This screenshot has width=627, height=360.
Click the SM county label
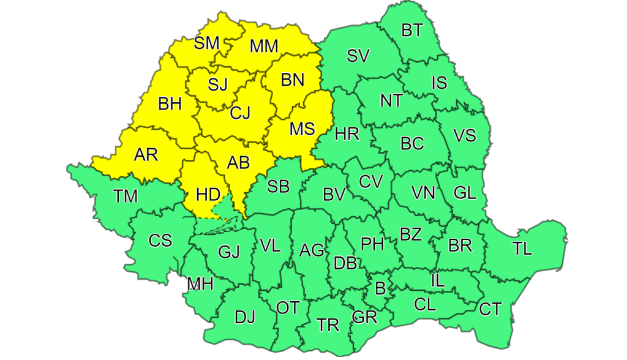click(x=206, y=43)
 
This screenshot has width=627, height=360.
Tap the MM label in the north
click(x=264, y=46)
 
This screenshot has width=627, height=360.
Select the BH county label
click(x=170, y=104)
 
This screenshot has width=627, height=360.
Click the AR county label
click(x=145, y=154)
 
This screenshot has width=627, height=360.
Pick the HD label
click(x=208, y=195)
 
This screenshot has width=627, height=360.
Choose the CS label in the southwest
click(x=160, y=241)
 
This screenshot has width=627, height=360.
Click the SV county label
click(x=358, y=56)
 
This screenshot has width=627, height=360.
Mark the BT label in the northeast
click(x=412, y=29)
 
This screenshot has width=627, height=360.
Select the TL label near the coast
click(x=522, y=249)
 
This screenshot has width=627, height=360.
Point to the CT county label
click(x=490, y=309)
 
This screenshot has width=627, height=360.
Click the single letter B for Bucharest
click(x=380, y=288)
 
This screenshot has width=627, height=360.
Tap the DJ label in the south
click(x=244, y=317)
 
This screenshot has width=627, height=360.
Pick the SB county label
click(x=279, y=186)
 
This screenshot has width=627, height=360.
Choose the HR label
click(x=347, y=133)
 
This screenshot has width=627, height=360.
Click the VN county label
click(x=422, y=193)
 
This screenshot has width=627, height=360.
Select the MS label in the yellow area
click(x=302, y=129)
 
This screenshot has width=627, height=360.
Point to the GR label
click(x=364, y=317)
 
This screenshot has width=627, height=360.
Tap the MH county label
click(x=200, y=285)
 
